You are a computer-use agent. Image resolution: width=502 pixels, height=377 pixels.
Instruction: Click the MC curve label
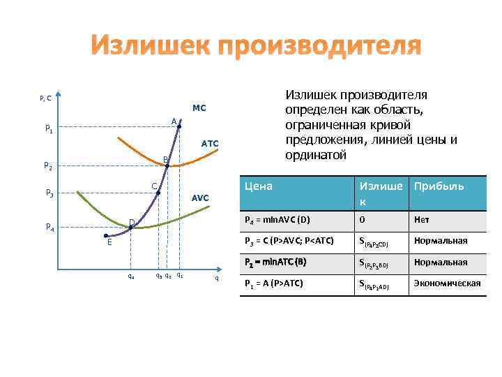coord(199,108)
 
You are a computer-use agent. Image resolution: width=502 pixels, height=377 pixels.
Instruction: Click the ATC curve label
coord(210,143)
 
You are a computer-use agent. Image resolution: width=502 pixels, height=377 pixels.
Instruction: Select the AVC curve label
coord(200,198)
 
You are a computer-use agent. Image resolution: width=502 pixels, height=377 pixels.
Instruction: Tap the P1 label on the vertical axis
coord(48,129)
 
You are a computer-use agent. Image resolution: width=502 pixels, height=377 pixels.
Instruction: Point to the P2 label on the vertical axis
coord(48,166)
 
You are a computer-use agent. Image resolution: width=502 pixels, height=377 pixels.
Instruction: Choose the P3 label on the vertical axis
coord(48,193)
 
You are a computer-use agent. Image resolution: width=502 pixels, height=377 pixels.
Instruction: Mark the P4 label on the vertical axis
coord(48,227)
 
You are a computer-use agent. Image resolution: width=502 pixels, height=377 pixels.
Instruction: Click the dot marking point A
coord(179,126)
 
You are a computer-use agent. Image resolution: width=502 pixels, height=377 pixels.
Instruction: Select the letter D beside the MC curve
coord(132,222)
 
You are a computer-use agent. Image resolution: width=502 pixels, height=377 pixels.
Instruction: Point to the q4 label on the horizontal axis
coord(131,275)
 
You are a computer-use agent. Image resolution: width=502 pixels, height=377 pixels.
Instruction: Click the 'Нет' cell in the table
coord(422,220)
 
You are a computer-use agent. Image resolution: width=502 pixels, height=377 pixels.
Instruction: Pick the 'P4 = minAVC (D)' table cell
coord(277,220)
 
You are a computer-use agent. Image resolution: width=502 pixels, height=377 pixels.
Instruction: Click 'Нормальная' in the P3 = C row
coord(441,241)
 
